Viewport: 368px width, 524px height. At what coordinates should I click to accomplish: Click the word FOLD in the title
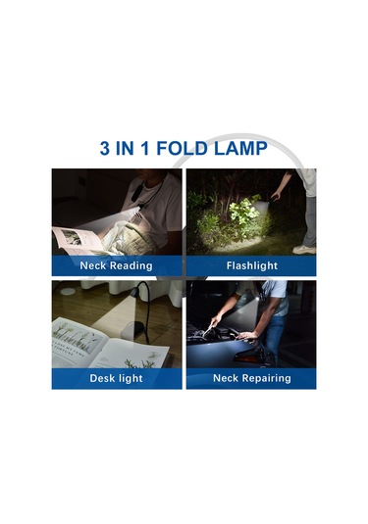pos(182,148)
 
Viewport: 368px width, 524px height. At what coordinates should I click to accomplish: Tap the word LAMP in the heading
pos(240,148)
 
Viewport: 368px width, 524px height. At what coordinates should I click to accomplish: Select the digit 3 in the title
pos(104,148)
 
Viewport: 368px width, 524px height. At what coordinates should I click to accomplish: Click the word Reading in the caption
pos(131,266)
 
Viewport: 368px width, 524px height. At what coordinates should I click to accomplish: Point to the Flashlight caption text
pos(252,265)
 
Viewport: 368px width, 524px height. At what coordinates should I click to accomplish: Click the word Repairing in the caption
pos(267,378)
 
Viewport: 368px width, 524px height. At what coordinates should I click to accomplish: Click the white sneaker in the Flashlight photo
pos(304,250)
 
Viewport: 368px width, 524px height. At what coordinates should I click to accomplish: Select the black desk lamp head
pos(133,293)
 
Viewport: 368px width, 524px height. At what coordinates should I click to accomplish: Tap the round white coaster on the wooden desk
pos(68,291)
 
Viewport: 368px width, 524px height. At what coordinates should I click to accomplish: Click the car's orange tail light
pos(248,358)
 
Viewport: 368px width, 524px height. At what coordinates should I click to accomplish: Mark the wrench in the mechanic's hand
pos(208,330)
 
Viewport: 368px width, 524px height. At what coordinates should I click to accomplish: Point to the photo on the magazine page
pos(72,237)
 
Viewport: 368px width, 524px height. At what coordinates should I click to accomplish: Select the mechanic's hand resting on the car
pos(245,335)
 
